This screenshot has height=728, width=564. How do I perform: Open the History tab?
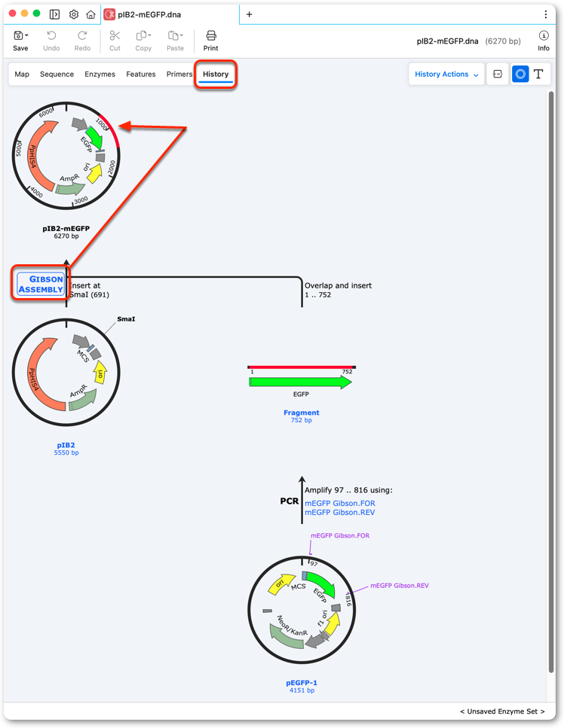click(216, 75)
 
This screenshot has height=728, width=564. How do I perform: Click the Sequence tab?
click(57, 75)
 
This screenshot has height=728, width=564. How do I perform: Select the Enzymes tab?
click(100, 75)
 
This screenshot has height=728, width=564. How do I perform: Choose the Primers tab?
click(179, 75)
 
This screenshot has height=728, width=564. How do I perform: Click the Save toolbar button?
click(20, 41)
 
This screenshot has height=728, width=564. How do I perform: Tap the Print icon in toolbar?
click(210, 41)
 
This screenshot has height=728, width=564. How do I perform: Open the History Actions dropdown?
click(446, 75)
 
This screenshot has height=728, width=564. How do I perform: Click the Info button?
click(543, 41)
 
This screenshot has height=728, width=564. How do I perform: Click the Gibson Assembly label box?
click(41, 284)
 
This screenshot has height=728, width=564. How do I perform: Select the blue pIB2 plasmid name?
click(66, 445)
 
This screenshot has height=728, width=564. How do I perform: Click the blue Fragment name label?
click(302, 413)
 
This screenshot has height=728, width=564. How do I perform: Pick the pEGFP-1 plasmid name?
click(302, 683)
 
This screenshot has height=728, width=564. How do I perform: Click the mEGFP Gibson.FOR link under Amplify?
click(340, 504)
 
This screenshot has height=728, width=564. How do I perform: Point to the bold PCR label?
click(290, 501)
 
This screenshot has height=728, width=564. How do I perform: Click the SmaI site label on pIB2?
click(126, 319)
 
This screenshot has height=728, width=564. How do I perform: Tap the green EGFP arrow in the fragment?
click(300, 382)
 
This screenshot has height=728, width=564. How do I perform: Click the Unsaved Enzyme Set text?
click(502, 711)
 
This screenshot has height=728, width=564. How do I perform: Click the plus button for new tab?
click(250, 14)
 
